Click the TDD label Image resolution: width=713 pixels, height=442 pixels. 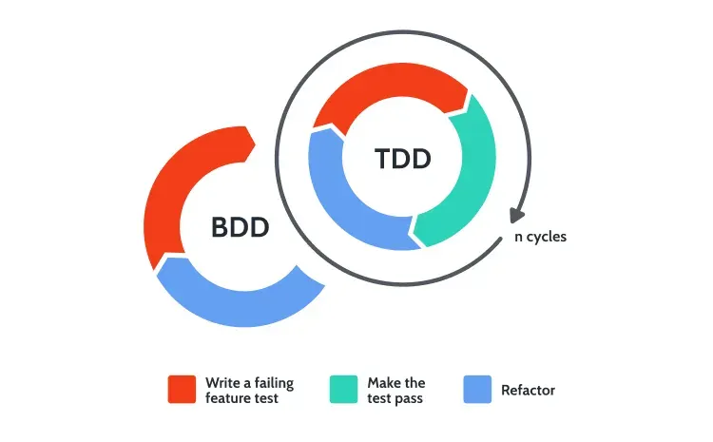[403, 159]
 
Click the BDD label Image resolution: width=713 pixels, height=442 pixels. [241, 227]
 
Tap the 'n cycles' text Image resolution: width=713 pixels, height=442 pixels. [540, 237]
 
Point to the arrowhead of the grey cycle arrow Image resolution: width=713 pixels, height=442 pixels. [516, 215]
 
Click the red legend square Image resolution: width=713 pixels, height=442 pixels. [182, 390]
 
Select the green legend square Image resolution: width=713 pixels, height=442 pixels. [343, 390]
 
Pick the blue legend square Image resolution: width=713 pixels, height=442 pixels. [477, 390]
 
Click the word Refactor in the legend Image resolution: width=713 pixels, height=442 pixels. [528, 390]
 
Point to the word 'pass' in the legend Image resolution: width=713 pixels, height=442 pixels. [408, 399]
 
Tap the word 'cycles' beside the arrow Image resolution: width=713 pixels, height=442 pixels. [547, 237]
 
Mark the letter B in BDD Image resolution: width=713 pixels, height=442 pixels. [221, 227]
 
